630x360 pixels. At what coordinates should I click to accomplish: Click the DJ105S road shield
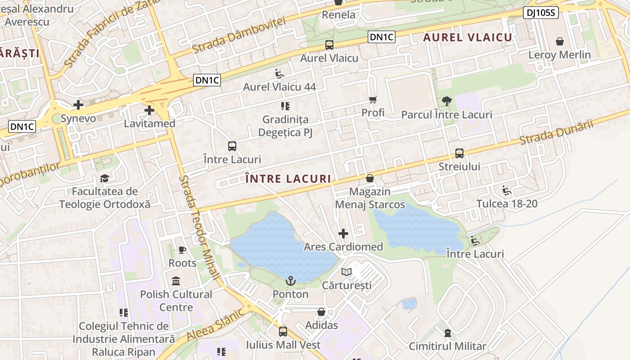pos(541,13)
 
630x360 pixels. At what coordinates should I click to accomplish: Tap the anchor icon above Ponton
pos(291,281)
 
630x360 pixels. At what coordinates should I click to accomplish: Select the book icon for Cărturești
pos(346,272)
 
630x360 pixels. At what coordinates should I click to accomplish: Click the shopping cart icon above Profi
pos(373,99)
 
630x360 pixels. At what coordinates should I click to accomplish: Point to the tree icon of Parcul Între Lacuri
pos(446,101)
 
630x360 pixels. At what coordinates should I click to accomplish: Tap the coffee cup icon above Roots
pos(182,250)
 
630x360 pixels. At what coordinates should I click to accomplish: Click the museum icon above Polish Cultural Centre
pos(176,281)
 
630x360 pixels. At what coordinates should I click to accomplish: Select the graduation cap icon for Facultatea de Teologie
pos(104,178)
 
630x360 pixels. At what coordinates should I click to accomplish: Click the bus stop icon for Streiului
pos(459,153)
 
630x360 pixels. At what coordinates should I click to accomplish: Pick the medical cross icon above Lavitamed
pos(149,110)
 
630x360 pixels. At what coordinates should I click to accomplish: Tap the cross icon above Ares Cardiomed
pos(343,234)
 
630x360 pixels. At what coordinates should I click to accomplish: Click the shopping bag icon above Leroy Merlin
pos(559,42)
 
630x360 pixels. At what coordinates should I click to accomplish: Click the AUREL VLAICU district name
pos(468,37)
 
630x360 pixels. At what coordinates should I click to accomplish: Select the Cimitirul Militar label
pos(447,346)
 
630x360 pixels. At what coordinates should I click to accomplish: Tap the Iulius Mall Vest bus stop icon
pos(283,332)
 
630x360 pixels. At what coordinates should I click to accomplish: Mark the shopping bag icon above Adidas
pos(321,312)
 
